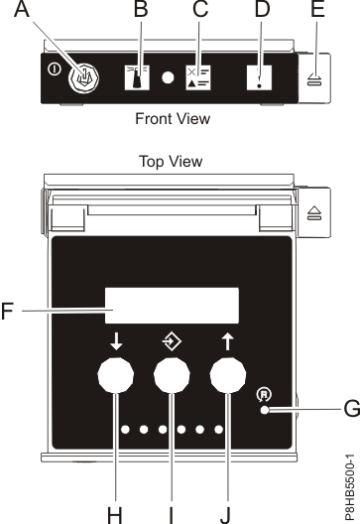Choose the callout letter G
349,407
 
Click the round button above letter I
172,379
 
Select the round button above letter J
228,379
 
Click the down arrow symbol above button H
117,344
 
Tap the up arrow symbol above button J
227,344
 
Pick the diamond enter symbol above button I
171,343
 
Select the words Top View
171,159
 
